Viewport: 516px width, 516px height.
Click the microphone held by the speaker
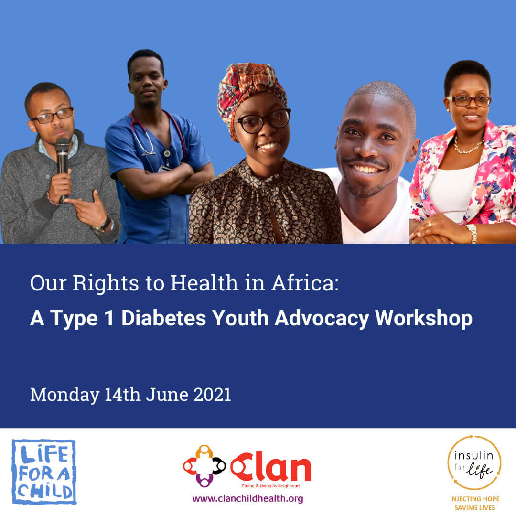click(x=62, y=164)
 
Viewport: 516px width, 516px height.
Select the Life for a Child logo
click(x=44, y=472)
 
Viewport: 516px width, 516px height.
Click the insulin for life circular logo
click(x=474, y=462)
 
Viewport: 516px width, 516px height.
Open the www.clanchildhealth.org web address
click(x=248, y=498)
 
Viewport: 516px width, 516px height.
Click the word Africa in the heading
click(x=305, y=283)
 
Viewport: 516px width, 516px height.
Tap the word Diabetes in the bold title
click(x=163, y=318)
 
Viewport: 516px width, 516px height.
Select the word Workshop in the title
click(x=423, y=319)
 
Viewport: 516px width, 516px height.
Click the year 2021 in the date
click(x=212, y=395)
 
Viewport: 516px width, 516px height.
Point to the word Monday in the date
click(x=65, y=395)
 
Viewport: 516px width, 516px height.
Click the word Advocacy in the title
click(x=322, y=319)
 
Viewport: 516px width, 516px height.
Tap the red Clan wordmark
click(x=270, y=467)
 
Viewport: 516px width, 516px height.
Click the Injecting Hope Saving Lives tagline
click(x=474, y=503)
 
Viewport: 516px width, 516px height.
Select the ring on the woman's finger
click(x=430, y=224)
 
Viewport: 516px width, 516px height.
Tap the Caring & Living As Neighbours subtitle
click(x=271, y=486)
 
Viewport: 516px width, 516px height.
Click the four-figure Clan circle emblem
click(x=204, y=466)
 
